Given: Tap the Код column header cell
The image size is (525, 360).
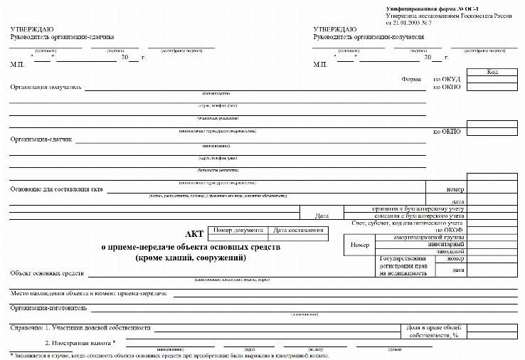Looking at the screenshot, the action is pyautogui.click(x=492, y=72).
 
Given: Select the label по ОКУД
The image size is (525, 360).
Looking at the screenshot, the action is pyautogui.click(x=447, y=80).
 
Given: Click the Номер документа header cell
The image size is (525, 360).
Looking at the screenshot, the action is pyautogui.click(x=238, y=231).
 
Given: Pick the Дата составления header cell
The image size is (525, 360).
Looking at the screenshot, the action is pyautogui.click(x=299, y=231).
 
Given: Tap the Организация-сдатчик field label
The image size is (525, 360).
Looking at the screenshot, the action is pyautogui.click(x=41, y=139).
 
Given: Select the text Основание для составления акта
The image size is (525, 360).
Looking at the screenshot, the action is pyautogui.click(x=57, y=189).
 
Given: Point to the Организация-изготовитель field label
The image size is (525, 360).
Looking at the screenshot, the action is pyautogui.click(x=48, y=309).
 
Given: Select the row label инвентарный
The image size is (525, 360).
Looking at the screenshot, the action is pyautogui.click(x=442, y=244).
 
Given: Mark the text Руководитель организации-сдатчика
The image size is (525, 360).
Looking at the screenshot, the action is pyautogui.click(x=62, y=36).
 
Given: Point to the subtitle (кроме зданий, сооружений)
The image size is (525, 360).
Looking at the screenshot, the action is pyautogui.click(x=191, y=258).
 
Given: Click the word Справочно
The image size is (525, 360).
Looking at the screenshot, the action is pyautogui.click(x=26, y=329).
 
